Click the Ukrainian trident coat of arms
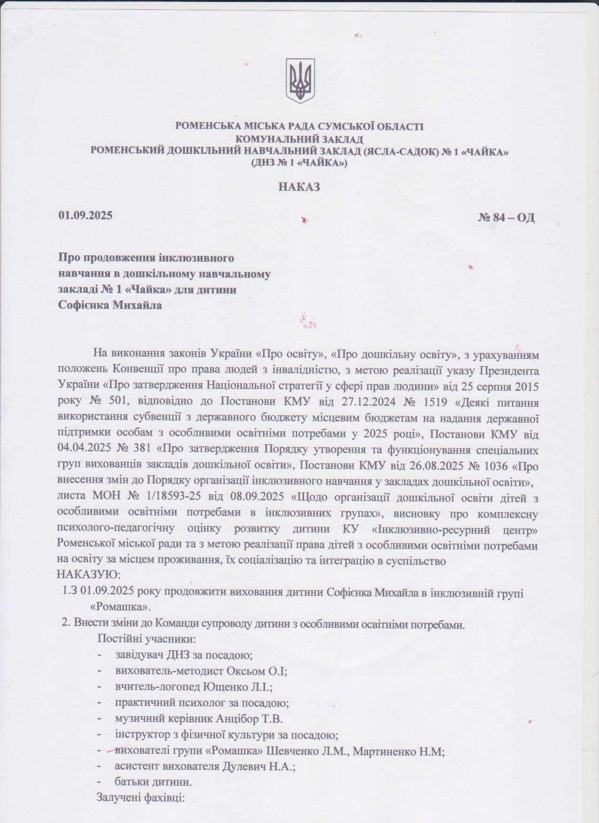pyautogui.click(x=300, y=81)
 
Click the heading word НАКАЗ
pyautogui.click(x=299, y=187)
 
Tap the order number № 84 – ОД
pyautogui.click(x=506, y=218)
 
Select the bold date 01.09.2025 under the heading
pyautogui.click(x=85, y=215)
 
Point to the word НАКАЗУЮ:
pyautogui.click(x=88, y=575)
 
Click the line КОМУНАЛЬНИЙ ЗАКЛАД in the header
pyautogui.click(x=299, y=139)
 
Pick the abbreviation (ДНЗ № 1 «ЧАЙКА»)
pyautogui.click(x=299, y=163)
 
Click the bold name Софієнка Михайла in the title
pyautogui.click(x=110, y=305)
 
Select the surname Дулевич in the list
pyautogui.click(x=244, y=766)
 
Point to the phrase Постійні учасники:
pyautogui.click(x=147, y=639)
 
